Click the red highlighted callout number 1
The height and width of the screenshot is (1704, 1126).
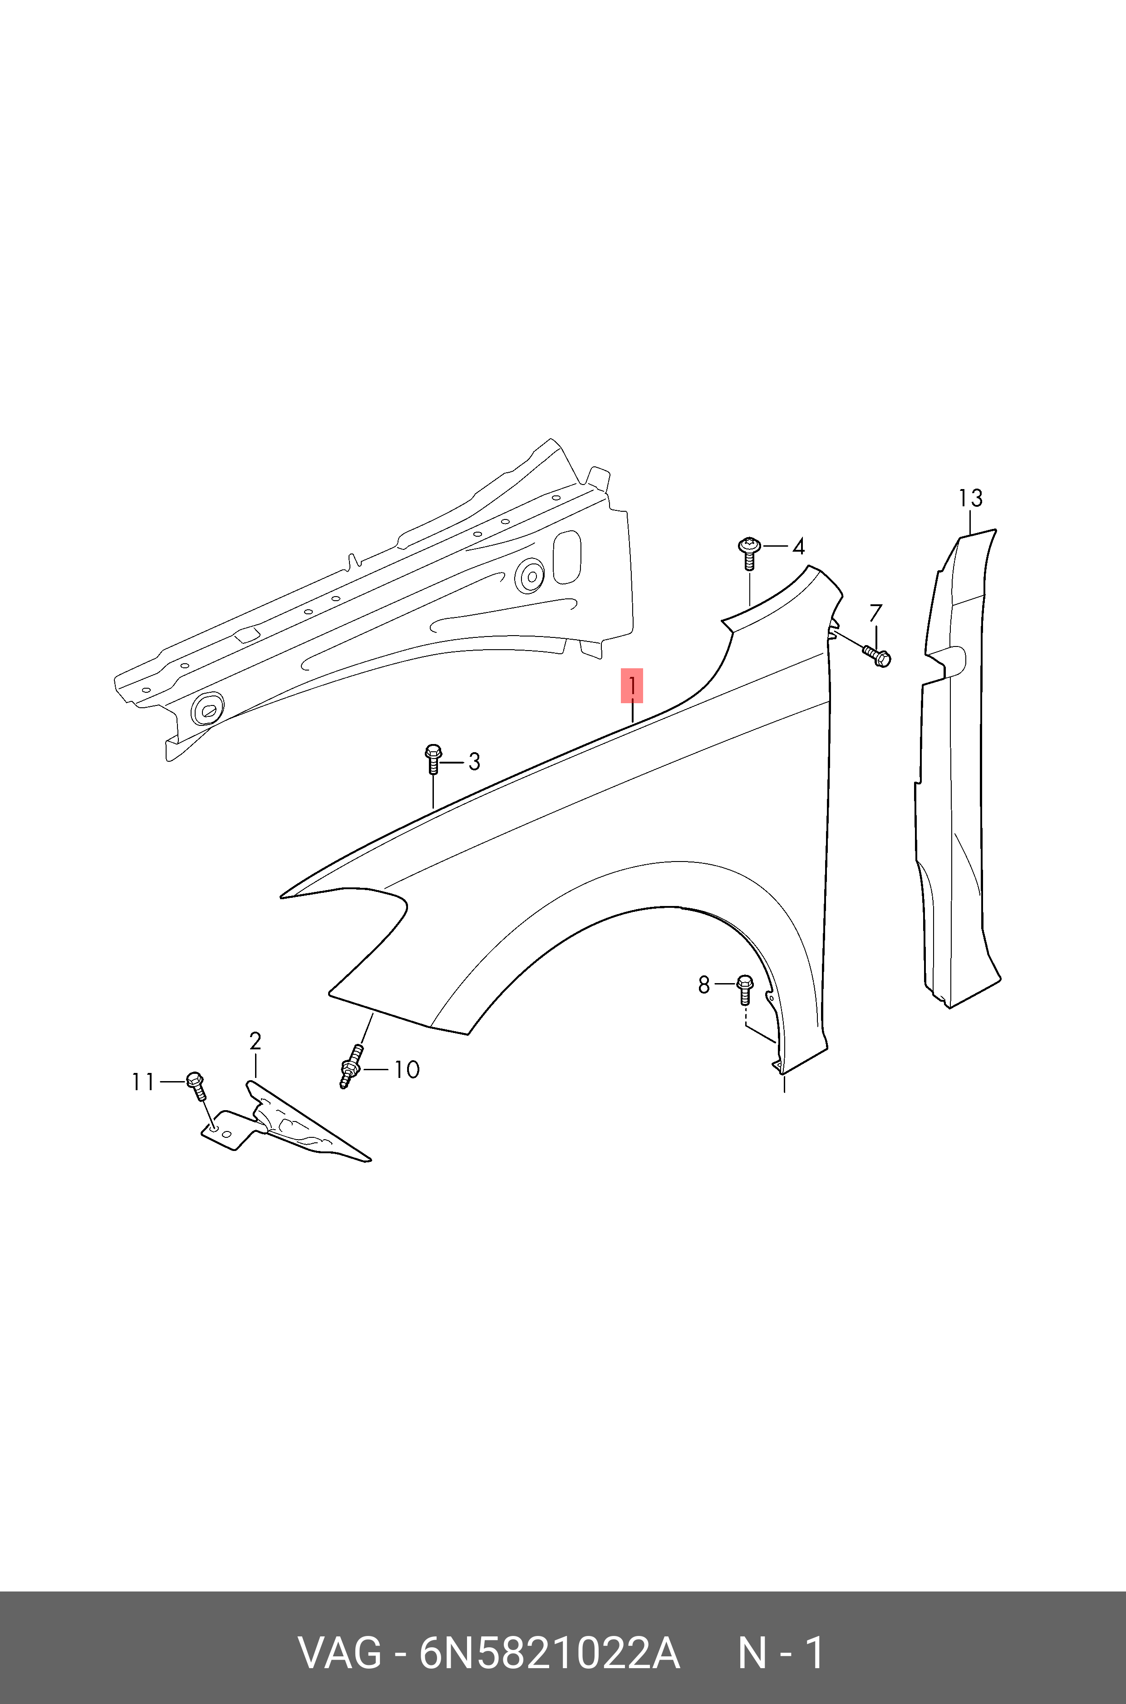click(631, 686)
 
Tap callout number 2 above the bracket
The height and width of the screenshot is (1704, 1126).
click(255, 1041)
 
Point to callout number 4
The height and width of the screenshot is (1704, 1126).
click(798, 547)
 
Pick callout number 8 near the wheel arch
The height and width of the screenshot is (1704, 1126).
click(704, 985)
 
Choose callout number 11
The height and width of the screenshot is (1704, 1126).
click(143, 1082)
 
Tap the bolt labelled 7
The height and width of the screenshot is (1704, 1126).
click(878, 655)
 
